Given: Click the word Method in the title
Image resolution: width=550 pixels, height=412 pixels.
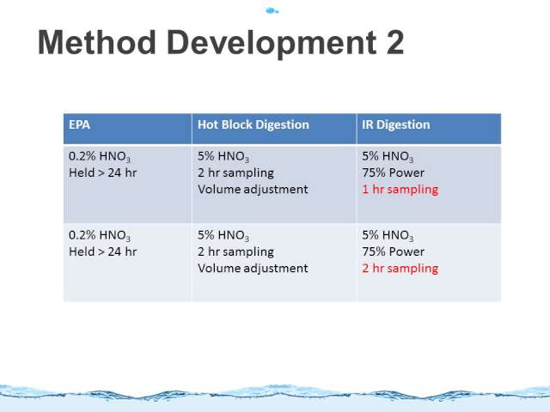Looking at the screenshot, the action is [97, 42].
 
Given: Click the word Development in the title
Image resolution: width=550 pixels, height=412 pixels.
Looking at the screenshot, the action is [272, 44].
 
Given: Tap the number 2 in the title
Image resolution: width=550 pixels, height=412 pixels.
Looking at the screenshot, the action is [395, 42].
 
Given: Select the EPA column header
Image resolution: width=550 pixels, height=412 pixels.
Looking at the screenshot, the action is [79, 124].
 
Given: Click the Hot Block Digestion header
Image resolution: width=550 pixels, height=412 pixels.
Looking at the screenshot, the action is [254, 124].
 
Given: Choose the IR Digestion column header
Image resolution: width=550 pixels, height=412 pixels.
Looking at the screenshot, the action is [395, 124].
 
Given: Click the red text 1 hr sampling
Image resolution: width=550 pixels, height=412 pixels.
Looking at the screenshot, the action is [400, 190].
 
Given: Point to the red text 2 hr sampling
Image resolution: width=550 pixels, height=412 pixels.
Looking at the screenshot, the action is [400, 269].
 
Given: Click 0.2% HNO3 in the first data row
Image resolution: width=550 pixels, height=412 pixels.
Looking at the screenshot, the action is [100, 156].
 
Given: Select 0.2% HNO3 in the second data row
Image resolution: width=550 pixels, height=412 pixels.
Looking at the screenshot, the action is [100, 235].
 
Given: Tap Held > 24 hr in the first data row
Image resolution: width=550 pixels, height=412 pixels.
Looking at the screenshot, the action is [103, 173].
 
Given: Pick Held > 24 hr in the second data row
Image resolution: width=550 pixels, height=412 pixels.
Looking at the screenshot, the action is [103, 251].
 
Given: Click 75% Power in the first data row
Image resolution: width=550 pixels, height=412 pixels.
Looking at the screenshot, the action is [394, 173].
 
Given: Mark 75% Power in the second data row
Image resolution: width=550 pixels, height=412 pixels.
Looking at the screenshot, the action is [394, 251].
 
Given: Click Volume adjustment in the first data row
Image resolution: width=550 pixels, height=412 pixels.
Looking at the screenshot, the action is [253, 190].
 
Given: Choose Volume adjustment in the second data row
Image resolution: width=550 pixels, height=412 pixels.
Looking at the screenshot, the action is [253, 269].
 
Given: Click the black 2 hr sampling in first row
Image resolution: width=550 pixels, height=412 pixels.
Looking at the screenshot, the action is [235, 173].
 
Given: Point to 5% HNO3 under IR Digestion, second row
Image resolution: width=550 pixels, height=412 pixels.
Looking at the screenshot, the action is [388, 235].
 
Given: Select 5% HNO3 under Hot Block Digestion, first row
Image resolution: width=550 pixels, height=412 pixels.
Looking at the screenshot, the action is [223, 156].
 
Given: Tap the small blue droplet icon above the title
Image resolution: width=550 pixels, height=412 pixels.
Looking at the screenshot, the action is [272, 11].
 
